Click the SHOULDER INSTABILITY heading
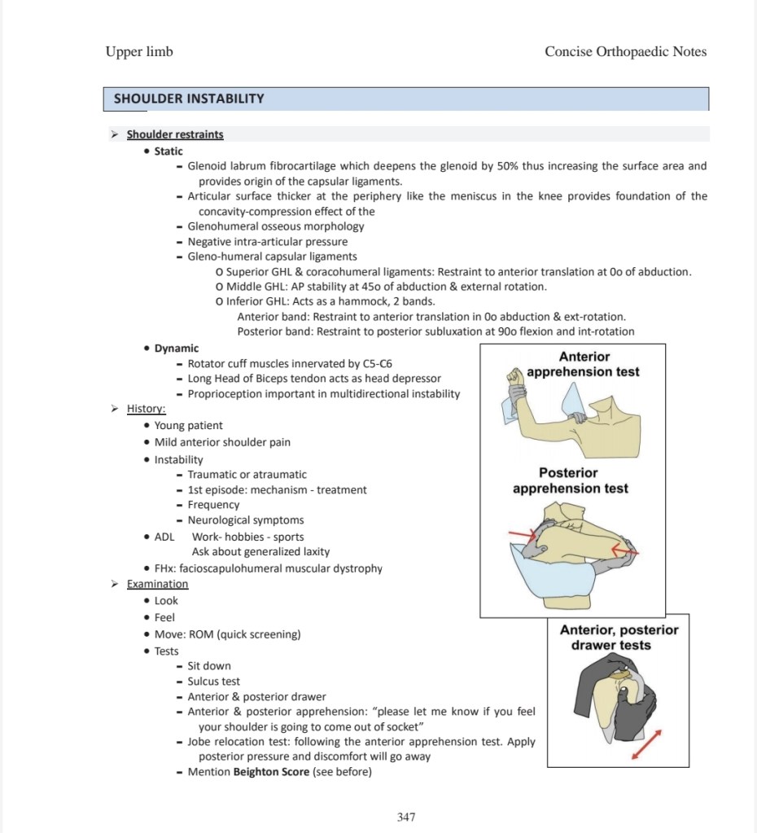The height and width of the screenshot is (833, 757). click(x=189, y=99)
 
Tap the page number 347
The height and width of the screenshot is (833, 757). click(x=407, y=817)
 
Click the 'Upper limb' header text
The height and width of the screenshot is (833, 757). click(x=139, y=52)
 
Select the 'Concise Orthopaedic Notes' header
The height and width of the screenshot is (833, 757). click(x=625, y=52)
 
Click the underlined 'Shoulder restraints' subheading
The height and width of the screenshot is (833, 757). click(x=175, y=134)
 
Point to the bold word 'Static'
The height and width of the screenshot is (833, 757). click(x=168, y=151)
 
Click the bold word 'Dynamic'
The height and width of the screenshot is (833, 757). click(x=177, y=348)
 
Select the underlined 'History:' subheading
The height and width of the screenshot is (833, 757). click(x=147, y=409)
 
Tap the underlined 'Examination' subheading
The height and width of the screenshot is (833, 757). click(x=157, y=584)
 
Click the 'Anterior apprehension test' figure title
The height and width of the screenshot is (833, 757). click(x=584, y=364)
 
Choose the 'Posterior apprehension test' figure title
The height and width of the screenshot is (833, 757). click(x=571, y=480)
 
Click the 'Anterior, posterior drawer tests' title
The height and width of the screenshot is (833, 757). click(x=619, y=638)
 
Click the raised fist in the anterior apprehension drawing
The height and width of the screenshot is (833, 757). click(x=514, y=377)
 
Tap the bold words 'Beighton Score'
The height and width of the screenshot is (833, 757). click(x=271, y=772)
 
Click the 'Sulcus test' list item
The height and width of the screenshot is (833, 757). click(x=214, y=682)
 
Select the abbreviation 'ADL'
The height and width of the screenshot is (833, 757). click(x=164, y=537)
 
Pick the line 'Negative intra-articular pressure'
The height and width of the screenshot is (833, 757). click(x=268, y=242)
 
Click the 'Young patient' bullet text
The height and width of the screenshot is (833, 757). click(x=188, y=425)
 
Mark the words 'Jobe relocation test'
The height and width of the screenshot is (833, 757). click(x=238, y=742)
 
